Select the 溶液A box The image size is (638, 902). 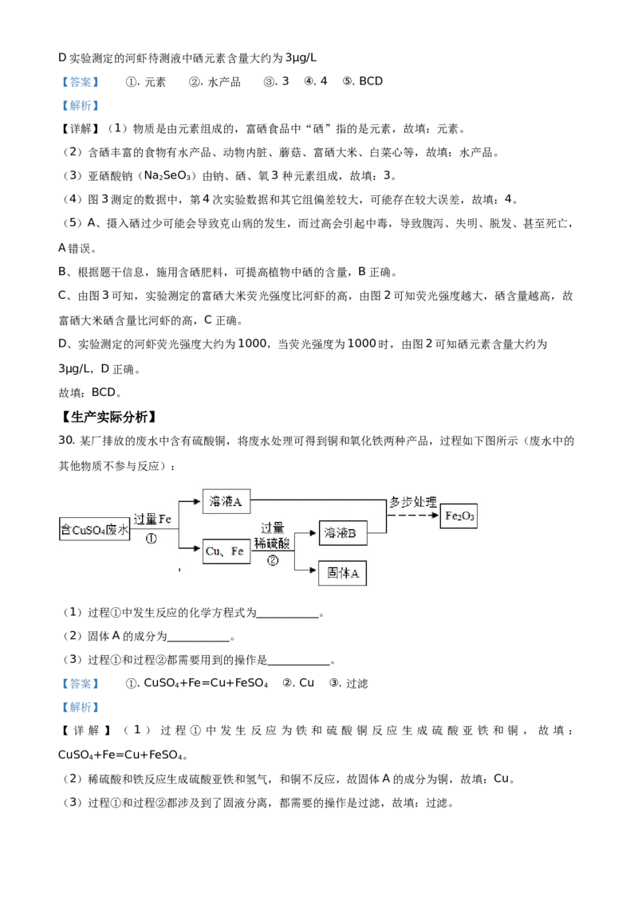coord(226,501)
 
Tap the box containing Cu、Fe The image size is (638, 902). coord(226,551)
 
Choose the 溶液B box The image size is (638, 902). coord(343,533)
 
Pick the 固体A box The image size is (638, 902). coord(343,575)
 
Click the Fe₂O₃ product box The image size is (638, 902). coord(459,516)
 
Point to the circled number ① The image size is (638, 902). coord(152,539)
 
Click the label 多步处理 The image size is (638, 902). coord(412,503)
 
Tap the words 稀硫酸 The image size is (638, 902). coord(272,542)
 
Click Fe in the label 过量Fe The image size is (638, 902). coord(165,519)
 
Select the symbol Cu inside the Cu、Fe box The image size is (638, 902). coord(213,551)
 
